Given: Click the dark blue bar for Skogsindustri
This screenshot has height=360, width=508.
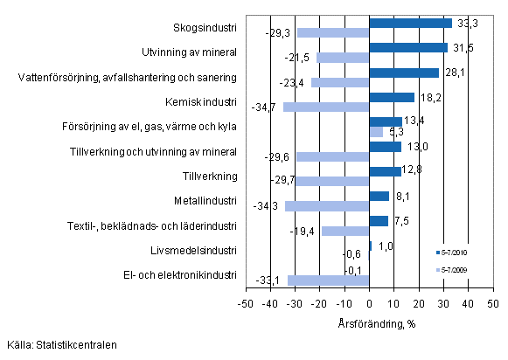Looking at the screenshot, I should coord(411,23).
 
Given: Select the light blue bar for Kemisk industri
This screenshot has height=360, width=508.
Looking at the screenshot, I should coord(326,107).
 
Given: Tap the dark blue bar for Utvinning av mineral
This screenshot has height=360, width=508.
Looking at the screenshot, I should coord(408,47).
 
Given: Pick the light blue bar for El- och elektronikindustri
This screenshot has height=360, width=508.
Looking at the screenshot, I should coord(329,280).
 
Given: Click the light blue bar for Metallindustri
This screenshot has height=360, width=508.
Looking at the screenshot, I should coord(327,206).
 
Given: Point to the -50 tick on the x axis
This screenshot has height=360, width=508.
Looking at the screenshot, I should coord(247,302).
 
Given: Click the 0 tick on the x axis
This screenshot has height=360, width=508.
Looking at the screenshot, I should coord(370,302).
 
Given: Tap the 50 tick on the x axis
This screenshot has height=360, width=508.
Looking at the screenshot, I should coord(492,302).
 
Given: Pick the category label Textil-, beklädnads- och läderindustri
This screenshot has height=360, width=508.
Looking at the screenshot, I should coord(151,225).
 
